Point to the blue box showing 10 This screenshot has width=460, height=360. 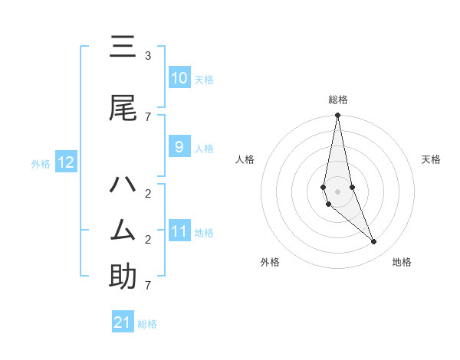coord(179,78)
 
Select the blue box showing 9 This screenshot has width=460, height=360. coord(179,147)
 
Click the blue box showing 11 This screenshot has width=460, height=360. coord(179,231)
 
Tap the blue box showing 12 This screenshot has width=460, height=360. coord(65,162)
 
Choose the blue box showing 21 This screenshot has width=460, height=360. coord(122,322)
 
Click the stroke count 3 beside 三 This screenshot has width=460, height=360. coord(148,56)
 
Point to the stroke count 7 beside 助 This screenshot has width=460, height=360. coord(148,286)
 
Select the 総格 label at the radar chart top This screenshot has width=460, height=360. coord(337,100)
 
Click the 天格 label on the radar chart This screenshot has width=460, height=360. coord(431,159)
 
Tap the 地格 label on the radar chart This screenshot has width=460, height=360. coord(402,262)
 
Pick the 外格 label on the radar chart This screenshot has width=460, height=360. coord(270,262)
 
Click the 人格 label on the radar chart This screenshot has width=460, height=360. coord(245,159)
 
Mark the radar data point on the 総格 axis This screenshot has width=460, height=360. coord(337,116)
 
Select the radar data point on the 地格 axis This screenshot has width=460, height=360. coord(374,242)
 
